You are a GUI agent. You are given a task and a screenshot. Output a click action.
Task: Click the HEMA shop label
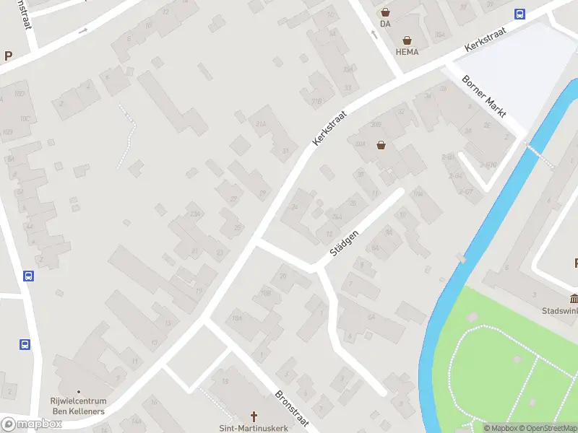coord(407,52)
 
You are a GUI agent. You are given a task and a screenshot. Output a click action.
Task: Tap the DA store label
coord(385,24)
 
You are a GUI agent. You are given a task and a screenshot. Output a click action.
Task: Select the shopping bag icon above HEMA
coord(407,40)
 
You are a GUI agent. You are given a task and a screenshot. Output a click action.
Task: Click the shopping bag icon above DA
coord(385,12)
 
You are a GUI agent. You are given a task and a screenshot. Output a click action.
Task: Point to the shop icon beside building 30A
coord(381,145)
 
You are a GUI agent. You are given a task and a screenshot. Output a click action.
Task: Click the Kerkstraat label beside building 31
coord(330,128)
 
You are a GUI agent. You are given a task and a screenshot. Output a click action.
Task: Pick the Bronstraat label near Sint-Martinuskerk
coord(291,407)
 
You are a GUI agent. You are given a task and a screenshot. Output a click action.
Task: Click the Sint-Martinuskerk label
coord(254,428)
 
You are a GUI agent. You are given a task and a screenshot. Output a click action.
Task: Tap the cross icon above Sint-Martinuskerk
coord(254,416)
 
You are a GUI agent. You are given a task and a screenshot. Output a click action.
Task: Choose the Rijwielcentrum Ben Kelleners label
coord(79,406)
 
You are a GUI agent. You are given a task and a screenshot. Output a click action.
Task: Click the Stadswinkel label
coord(560,311)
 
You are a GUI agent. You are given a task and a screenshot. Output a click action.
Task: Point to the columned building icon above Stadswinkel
coord(574,299)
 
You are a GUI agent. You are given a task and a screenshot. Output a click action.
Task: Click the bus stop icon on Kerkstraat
coord(519,13)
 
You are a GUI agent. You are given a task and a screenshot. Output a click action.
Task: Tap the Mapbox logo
coord(31,424)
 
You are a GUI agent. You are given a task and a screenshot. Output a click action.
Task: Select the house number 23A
coord(194,214)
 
